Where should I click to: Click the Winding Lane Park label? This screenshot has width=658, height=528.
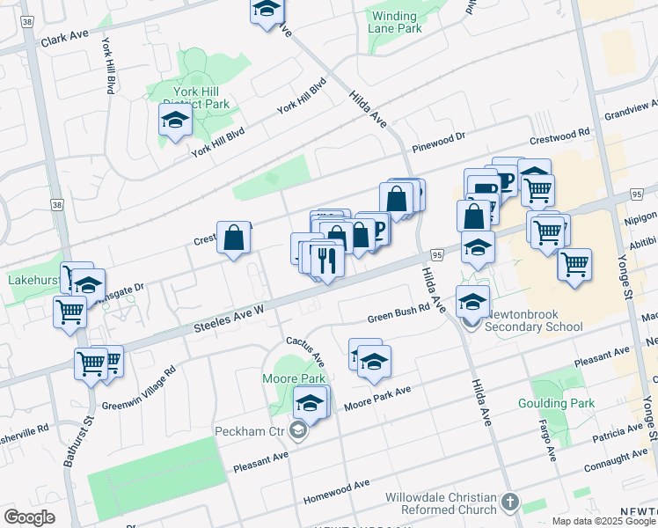click(395, 22)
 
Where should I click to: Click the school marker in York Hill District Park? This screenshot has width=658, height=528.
click(175, 121)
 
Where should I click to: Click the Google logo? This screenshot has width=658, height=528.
click(30, 517)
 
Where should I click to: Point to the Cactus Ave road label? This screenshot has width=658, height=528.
click(305, 351)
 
